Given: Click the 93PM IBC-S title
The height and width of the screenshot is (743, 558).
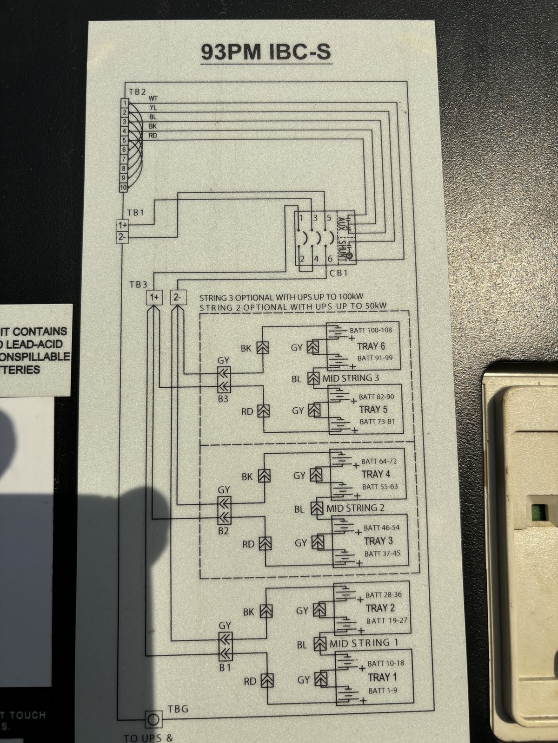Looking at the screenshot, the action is (x=266, y=52).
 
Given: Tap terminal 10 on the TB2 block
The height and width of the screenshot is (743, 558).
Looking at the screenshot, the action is (x=123, y=187).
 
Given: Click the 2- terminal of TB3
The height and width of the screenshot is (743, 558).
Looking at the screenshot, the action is (x=177, y=297).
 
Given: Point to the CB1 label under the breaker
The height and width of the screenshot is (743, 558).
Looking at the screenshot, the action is (x=339, y=273).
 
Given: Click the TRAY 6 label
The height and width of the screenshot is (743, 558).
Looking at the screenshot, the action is (x=371, y=346).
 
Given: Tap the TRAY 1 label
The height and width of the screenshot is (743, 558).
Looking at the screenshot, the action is (x=382, y=677).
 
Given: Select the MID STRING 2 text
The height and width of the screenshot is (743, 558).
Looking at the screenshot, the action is (x=355, y=508).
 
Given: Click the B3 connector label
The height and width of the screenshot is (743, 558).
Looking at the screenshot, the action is (x=223, y=398).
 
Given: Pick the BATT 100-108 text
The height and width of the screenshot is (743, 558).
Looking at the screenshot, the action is (x=371, y=330).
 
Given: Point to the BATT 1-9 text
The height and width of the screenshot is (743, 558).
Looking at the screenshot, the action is (x=383, y=691).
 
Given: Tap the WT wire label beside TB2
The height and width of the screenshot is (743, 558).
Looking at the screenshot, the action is (x=153, y=98).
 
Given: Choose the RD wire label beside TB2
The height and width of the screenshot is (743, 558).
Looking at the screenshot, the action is (x=153, y=136).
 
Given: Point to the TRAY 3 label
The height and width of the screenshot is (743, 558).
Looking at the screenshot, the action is (x=378, y=541).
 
